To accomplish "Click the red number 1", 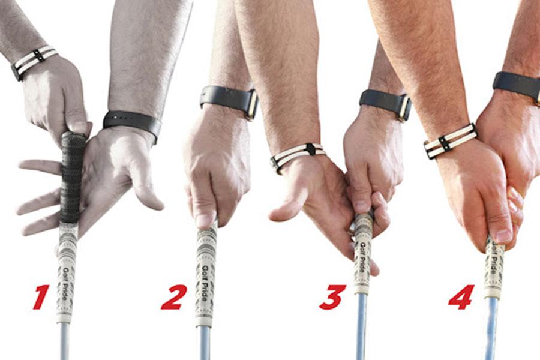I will click(x=41, y=296).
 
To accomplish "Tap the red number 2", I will click(x=174, y=296).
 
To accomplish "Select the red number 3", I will click(x=332, y=296).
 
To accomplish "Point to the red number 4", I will click(x=461, y=296).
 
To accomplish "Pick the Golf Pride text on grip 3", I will click(x=362, y=255).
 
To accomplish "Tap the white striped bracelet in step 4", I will click(x=450, y=141).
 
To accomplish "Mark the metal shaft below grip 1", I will click(x=64, y=342).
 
